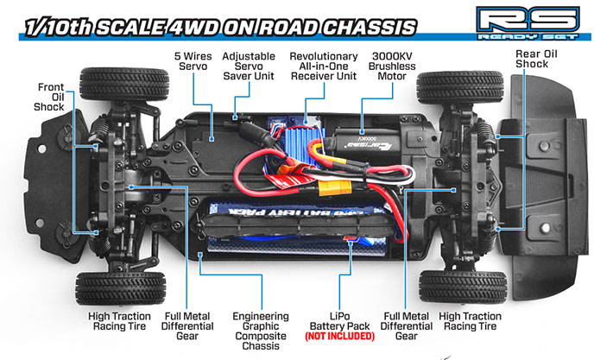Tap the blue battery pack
tap(285, 224)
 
